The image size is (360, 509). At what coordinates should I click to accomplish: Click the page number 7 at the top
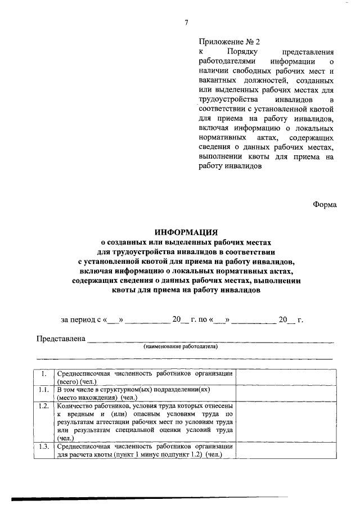pyautogui.click(x=186, y=22)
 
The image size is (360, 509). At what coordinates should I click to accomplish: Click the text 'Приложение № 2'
pyautogui.click(x=229, y=42)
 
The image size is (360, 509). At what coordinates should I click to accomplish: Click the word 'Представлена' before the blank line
pyautogui.click(x=60, y=339)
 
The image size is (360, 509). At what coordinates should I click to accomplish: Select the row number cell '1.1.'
pyautogui.click(x=43, y=389)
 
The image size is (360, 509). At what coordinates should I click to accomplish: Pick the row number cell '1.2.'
pyautogui.click(x=43, y=406)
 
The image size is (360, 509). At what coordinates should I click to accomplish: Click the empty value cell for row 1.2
pyautogui.click(x=285, y=421)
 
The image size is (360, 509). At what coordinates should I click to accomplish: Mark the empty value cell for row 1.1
pyautogui.click(x=285, y=393)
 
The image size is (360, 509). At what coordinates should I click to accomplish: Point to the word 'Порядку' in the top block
pyautogui.click(x=242, y=51)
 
